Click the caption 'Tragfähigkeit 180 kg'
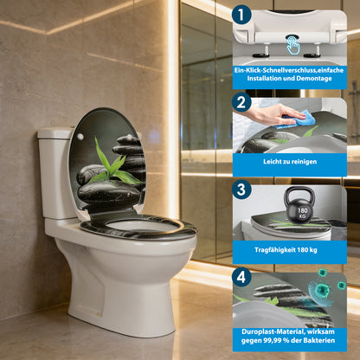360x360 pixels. tap(289, 250)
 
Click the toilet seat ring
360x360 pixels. tap(138, 228)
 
